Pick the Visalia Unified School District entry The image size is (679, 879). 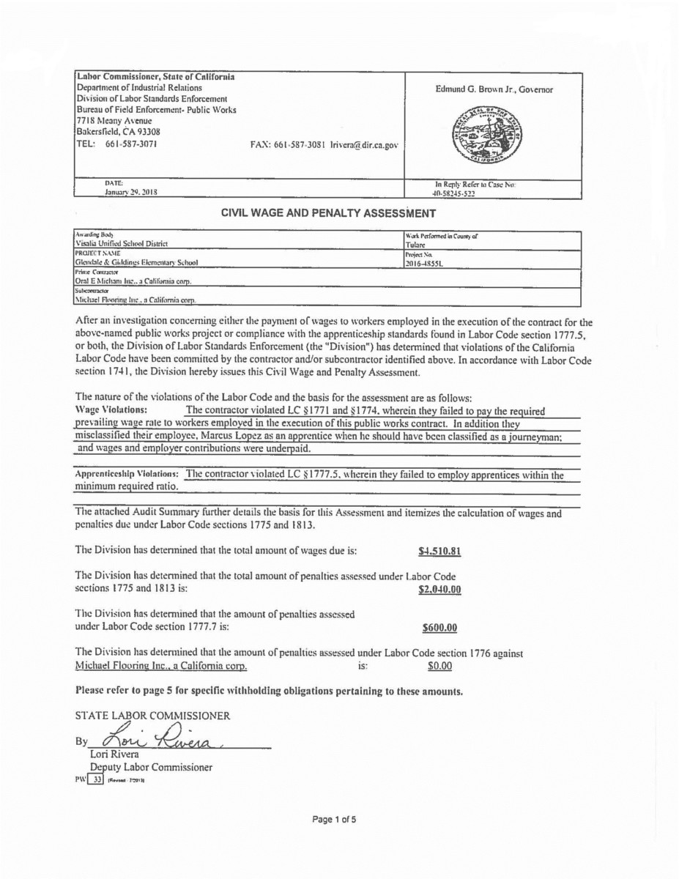(x=122, y=244)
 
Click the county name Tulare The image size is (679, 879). (x=415, y=245)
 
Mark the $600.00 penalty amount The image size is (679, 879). (x=440, y=628)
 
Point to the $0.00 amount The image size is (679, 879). (x=439, y=666)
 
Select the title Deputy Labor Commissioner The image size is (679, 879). (x=151, y=767)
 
